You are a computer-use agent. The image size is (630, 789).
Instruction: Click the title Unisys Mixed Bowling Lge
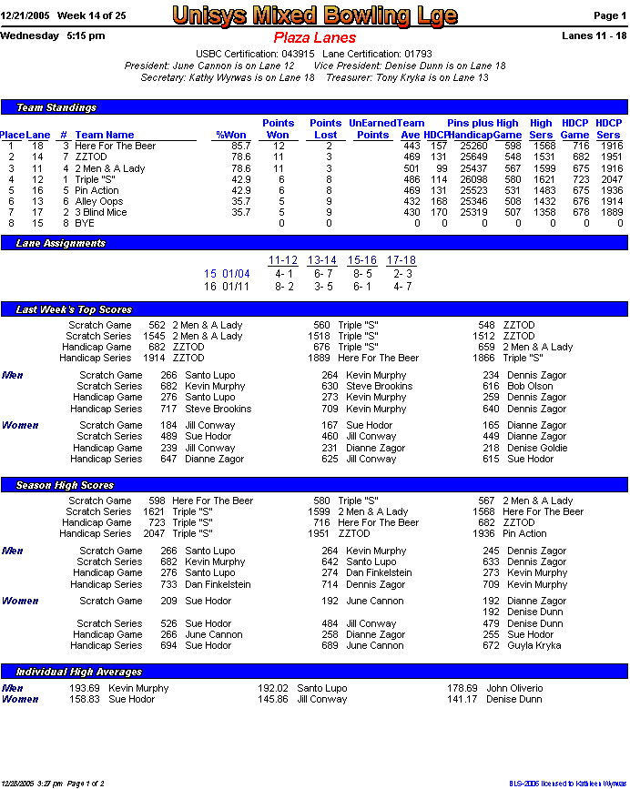point(314,15)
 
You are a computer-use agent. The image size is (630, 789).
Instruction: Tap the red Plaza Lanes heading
point(314,38)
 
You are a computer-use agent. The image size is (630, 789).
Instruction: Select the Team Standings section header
point(56,107)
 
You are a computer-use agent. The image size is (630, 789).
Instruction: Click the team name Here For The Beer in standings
point(115,146)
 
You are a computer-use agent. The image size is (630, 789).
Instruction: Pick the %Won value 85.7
point(240,146)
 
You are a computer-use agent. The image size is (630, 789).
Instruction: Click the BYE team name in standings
point(84,223)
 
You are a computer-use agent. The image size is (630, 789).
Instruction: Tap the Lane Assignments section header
point(61,243)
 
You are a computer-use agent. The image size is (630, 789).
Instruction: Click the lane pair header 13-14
point(322,260)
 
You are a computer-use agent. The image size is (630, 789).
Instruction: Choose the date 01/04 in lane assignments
point(237,273)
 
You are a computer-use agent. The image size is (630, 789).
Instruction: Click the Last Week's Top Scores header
point(74,309)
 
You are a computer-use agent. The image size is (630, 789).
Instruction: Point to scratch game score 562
point(157,325)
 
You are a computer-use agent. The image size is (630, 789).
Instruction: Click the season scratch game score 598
point(157,501)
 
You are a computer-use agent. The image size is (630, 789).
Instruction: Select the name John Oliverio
point(514,688)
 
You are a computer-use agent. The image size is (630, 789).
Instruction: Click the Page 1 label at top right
point(609,15)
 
